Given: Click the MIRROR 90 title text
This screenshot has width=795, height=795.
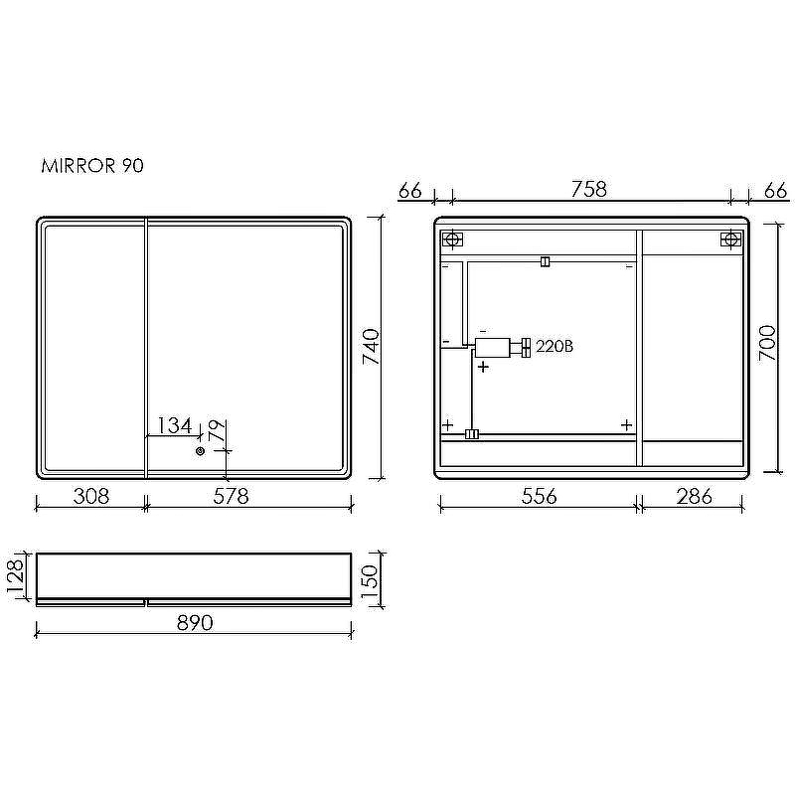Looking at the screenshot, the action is tap(92, 166).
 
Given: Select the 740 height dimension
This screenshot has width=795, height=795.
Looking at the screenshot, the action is tap(371, 347).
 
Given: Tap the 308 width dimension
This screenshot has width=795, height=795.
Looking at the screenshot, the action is tap(91, 496).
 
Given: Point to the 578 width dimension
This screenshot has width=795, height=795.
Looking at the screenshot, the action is tap(232, 496).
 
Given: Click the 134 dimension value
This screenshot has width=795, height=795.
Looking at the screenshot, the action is tap(175, 425).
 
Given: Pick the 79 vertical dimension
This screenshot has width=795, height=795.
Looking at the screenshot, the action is tap(217, 431).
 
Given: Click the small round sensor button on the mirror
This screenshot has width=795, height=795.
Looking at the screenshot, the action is tap(201, 451).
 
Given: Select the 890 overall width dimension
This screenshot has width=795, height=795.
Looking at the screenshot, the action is tap(195, 623).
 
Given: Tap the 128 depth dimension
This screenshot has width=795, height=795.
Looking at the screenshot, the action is tap(15, 576).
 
